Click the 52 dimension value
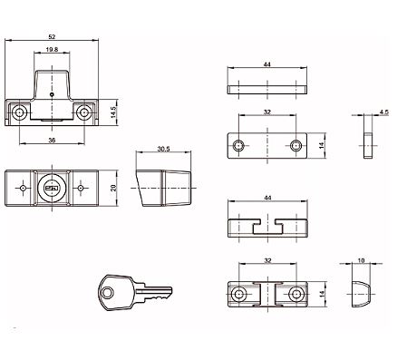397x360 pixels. tap(52, 36)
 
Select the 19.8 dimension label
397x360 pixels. tap(52, 50)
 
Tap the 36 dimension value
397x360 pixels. tap(52, 140)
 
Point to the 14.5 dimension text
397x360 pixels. tap(113, 112)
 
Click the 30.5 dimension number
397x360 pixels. tap(163, 149)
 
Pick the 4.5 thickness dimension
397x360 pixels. tap(384, 112)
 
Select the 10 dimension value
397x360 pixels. tap(361, 260)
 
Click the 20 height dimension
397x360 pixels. tap(113, 188)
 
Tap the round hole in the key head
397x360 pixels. tap(108, 293)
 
